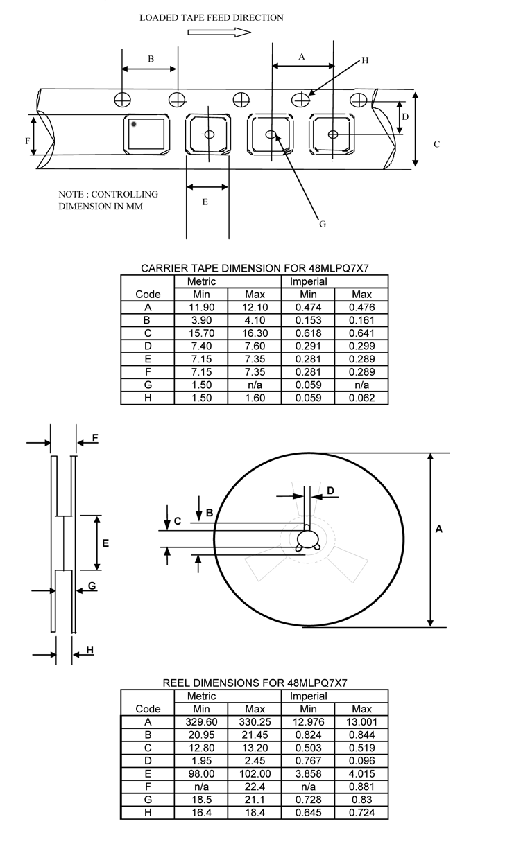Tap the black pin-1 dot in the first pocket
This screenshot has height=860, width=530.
pos(133,124)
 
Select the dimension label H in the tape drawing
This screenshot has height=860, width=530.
pos(365,61)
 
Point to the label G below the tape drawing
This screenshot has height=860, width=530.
pos(322,224)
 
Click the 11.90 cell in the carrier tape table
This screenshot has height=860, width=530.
pos(201,308)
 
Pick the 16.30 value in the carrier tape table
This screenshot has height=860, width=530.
pos(255,333)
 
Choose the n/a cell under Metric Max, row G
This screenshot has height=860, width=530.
pos(255,385)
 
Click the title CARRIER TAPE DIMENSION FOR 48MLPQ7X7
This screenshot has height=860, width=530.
pos(254,268)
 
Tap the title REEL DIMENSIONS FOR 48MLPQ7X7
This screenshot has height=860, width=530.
pos(254,683)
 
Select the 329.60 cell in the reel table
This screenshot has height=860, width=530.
pos(201,722)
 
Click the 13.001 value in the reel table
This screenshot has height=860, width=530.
pos(361,722)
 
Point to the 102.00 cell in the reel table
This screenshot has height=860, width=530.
pos(255,773)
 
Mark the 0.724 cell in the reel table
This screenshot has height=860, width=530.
pos(361,812)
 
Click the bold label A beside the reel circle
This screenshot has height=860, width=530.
pos(438,529)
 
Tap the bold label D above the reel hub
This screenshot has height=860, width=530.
pos(330,491)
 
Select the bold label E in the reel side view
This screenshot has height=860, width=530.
pos(105,543)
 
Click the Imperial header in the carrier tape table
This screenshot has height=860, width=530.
pos(308,282)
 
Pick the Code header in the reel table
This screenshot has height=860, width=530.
pos(148,709)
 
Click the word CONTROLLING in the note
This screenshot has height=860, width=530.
pos(125,194)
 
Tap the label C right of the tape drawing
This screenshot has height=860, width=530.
pos(436,144)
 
